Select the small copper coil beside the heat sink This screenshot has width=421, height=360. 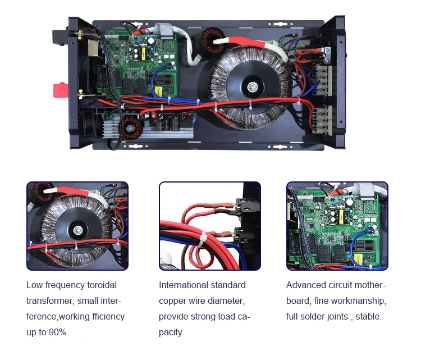[x=132, y=129]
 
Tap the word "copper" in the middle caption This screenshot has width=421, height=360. [x=172, y=301]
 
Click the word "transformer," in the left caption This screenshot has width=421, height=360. [x=50, y=301]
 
